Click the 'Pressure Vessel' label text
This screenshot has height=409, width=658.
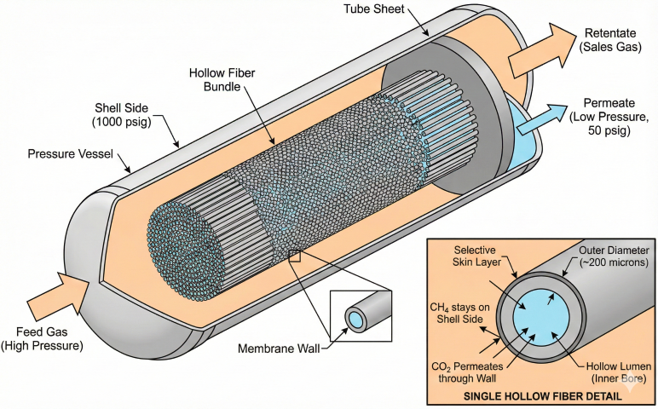(x=69, y=154)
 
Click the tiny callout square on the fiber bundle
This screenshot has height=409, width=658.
(x=294, y=256)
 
